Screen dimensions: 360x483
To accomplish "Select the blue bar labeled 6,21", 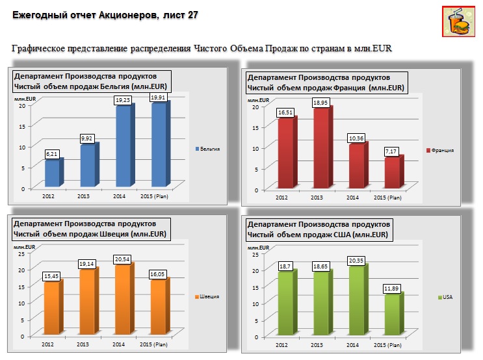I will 52,174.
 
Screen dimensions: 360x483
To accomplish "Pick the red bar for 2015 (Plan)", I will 391,173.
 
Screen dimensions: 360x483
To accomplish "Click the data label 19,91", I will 158,97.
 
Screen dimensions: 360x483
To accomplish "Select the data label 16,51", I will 285,112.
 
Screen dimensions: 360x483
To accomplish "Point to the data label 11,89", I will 391,288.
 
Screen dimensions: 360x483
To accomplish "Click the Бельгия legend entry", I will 207,149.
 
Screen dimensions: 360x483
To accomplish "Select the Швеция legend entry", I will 206,297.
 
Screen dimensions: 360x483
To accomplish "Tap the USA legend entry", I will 445,298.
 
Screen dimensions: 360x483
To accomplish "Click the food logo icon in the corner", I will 458,23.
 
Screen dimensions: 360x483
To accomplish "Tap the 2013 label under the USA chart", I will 317,345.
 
